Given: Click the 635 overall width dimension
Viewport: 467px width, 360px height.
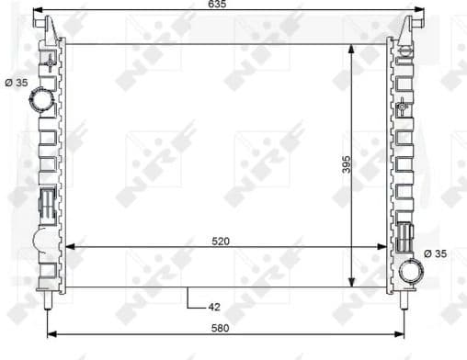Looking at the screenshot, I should [218, 6].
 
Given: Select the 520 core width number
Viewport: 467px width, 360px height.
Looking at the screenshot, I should [220, 241].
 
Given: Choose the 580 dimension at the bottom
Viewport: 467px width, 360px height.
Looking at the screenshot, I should [219, 328].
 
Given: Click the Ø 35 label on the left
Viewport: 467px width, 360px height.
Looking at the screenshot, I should [17, 83].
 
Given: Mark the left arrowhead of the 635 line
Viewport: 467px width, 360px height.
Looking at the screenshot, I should [37, 13].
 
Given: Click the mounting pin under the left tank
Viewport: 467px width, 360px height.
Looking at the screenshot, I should [47, 300].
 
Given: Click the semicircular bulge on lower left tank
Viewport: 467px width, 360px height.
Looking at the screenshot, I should [42, 242].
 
